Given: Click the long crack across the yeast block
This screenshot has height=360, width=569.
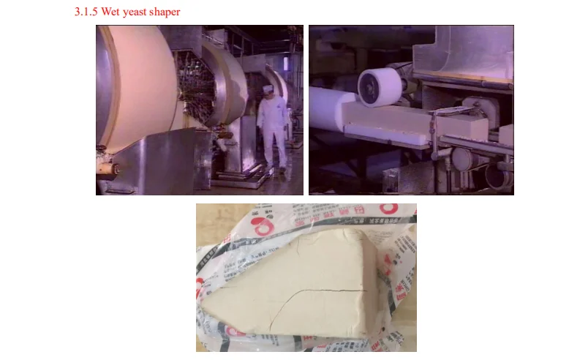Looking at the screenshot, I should tap(322, 293).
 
